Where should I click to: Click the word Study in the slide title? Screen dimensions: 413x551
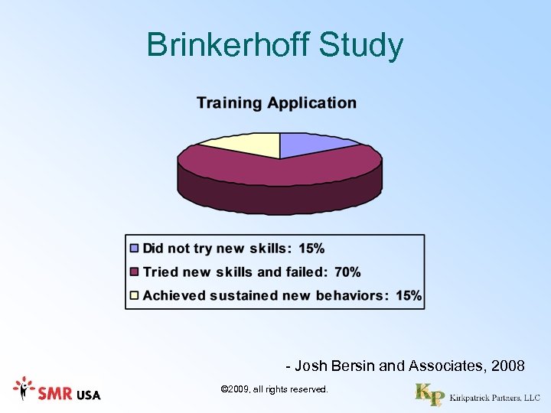click(x=360, y=45)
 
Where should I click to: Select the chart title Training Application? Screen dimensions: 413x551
click(x=276, y=102)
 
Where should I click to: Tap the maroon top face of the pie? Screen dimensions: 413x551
click(x=279, y=169)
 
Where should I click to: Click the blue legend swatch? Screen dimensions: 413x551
click(x=135, y=249)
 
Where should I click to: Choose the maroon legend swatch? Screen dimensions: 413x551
click(x=135, y=272)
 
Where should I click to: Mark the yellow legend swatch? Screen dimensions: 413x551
click(x=135, y=295)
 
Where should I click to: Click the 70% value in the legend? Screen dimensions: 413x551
click(x=347, y=272)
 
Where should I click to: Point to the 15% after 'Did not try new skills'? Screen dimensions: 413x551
click(x=311, y=249)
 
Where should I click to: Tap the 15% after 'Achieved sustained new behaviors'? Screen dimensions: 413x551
click(x=409, y=295)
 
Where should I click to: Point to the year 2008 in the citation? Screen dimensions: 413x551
click(x=508, y=366)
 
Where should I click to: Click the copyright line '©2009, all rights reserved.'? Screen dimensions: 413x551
click(x=274, y=390)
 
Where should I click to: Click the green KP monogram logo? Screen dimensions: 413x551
click(x=429, y=395)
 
